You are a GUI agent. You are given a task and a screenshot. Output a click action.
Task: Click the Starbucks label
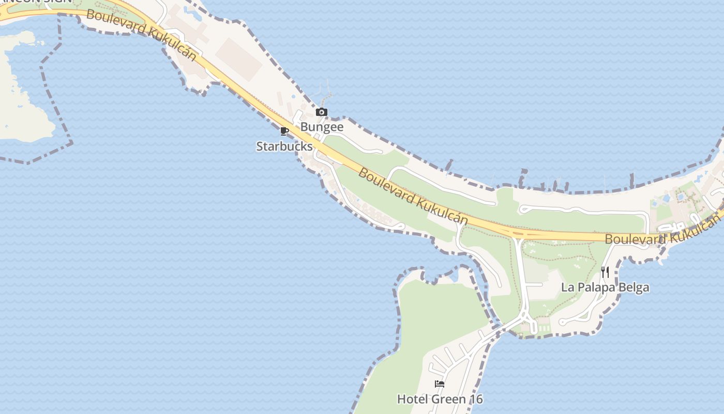[x=284, y=146]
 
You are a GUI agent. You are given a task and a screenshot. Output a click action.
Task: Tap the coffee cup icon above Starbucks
[x=284, y=131]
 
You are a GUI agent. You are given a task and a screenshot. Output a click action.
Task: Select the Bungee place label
[x=322, y=127]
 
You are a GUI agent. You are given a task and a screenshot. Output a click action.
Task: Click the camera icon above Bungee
[x=322, y=112]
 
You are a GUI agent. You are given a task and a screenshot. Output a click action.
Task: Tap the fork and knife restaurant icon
[x=605, y=272]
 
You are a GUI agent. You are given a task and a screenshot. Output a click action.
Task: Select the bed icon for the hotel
[x=440, y=384]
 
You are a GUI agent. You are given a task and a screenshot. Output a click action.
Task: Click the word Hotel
[x=412, y=400]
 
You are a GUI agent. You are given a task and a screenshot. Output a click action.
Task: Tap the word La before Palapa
[x=567, y=288]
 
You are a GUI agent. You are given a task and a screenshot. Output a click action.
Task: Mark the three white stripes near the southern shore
[x=544, y=329]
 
